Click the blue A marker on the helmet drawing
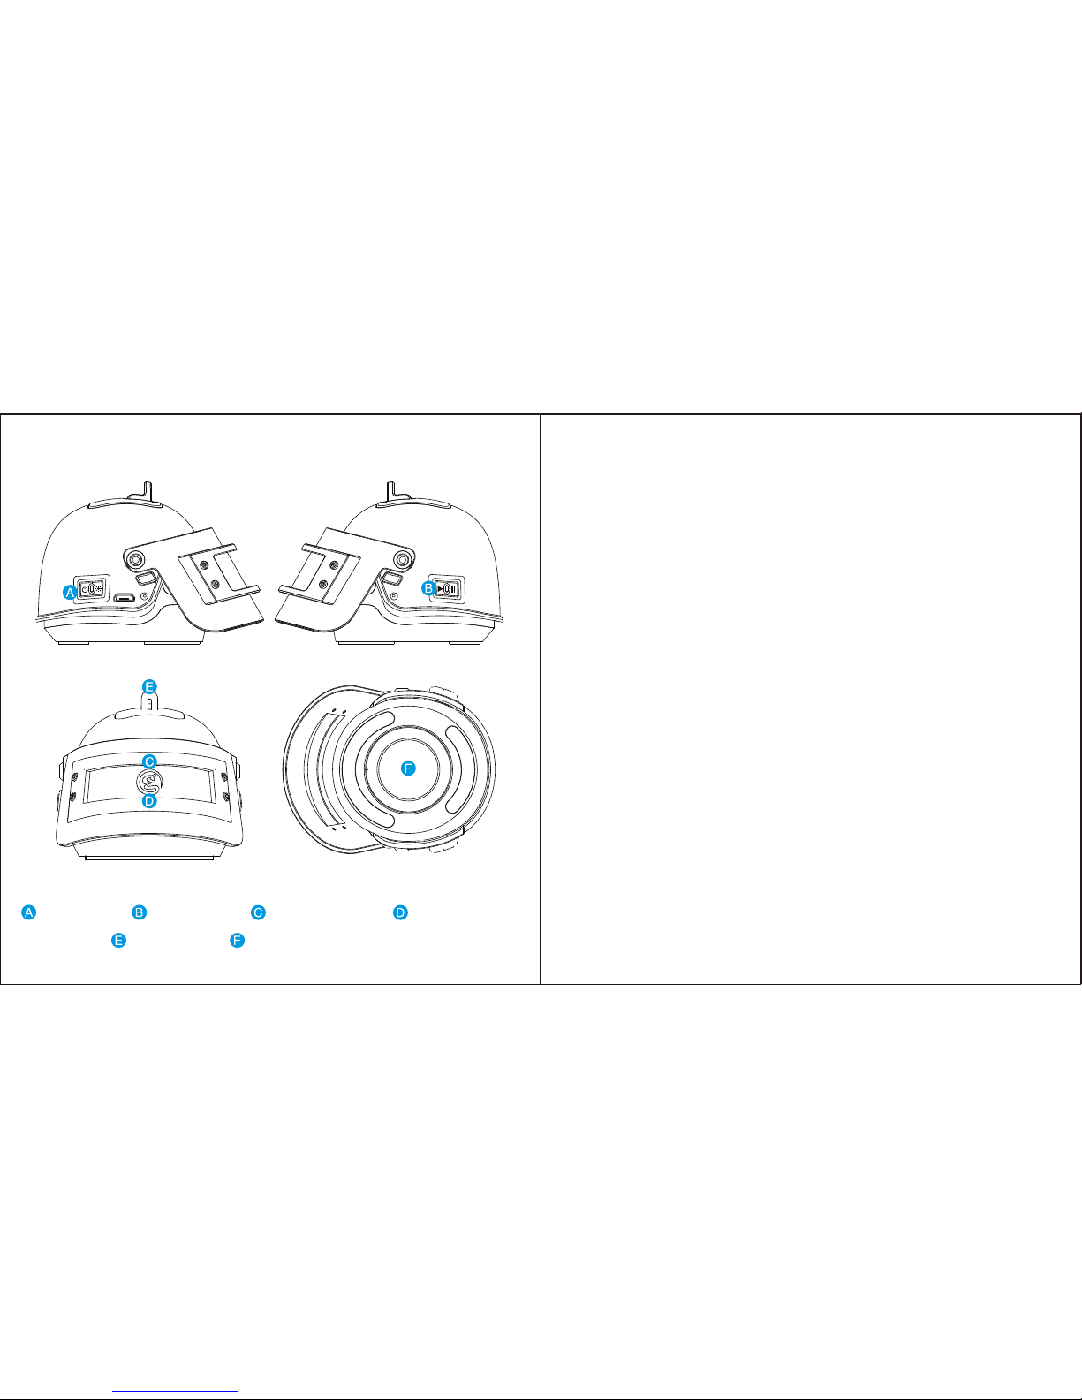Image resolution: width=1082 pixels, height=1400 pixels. coord(70,592)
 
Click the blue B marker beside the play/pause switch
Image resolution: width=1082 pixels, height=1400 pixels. coord(428,588)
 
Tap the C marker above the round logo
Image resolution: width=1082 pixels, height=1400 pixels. coord(149,761)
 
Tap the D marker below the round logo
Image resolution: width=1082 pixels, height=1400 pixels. coord(149,801)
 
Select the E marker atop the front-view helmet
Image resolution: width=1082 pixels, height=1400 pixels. coord(149,686)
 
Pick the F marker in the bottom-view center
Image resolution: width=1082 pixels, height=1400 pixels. coord(408,768)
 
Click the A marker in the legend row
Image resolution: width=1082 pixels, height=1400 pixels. coord(29,912)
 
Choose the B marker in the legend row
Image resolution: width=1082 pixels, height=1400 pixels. coord(140,912)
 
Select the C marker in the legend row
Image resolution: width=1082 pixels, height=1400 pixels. coord(258,912)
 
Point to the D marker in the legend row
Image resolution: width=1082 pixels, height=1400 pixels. coord(401,912)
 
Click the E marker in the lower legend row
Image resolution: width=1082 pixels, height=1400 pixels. coord(118,940)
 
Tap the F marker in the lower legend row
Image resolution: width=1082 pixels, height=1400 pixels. coord(237,940)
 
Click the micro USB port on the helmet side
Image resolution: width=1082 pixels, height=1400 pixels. coord(124,597)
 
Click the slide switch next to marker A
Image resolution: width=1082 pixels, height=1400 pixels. coord(93,588)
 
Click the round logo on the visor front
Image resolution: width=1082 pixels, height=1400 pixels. coord(149,782)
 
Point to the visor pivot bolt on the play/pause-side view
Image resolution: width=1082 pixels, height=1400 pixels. coord(404,559)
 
